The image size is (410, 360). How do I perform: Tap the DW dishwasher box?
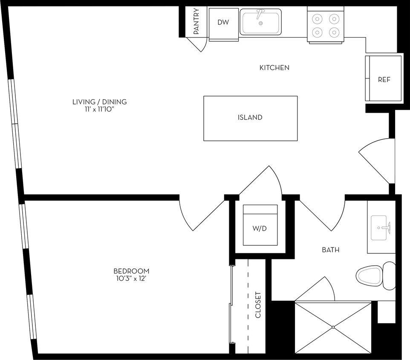click(223, 23)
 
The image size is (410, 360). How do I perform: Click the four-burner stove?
click(325, 25)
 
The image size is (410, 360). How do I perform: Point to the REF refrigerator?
click(384, 79)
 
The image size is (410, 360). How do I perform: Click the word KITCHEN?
click(274, 67)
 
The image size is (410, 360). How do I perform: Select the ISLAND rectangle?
click(250, 118)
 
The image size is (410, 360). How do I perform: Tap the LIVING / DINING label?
click(99, 102)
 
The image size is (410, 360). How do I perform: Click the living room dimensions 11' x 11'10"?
click(99, 109)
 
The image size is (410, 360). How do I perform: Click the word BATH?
click(330, 250)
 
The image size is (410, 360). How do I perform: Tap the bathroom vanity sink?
click(382, 228)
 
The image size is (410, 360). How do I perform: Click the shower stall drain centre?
click(333, 328)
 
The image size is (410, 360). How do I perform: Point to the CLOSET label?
click(258, 305)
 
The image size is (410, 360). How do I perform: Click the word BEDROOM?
click(131, 271)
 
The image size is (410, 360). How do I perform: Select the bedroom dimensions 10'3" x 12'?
click(131, 279)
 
